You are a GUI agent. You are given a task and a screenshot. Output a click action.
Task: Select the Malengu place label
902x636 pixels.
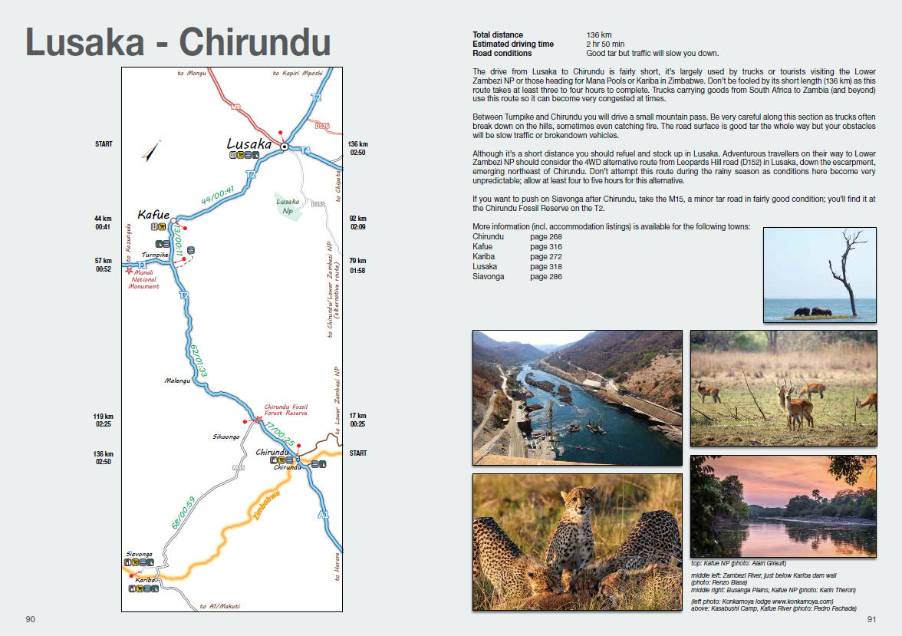tap(178, 380)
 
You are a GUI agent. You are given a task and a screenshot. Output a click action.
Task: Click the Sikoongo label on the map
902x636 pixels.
tap(226, 437)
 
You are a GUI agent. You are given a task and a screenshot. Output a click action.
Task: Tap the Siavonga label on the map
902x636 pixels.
tap(140, 553)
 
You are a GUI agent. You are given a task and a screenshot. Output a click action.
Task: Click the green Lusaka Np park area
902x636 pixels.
tap(288, 206)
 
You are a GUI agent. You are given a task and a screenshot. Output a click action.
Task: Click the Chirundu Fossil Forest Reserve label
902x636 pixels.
tap(285, 410)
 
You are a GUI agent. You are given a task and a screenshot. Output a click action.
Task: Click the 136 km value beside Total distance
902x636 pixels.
tap(599, 35)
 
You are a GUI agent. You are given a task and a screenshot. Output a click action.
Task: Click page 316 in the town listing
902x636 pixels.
tap(545, 246)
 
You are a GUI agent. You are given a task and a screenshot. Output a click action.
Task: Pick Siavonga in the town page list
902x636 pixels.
tap(489, 276)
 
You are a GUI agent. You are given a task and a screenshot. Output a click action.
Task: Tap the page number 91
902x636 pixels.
tap(871, 619)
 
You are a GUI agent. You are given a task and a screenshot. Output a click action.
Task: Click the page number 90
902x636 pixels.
tap(31, 619)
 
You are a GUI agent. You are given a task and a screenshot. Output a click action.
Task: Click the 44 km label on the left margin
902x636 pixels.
tap(104, 219)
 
